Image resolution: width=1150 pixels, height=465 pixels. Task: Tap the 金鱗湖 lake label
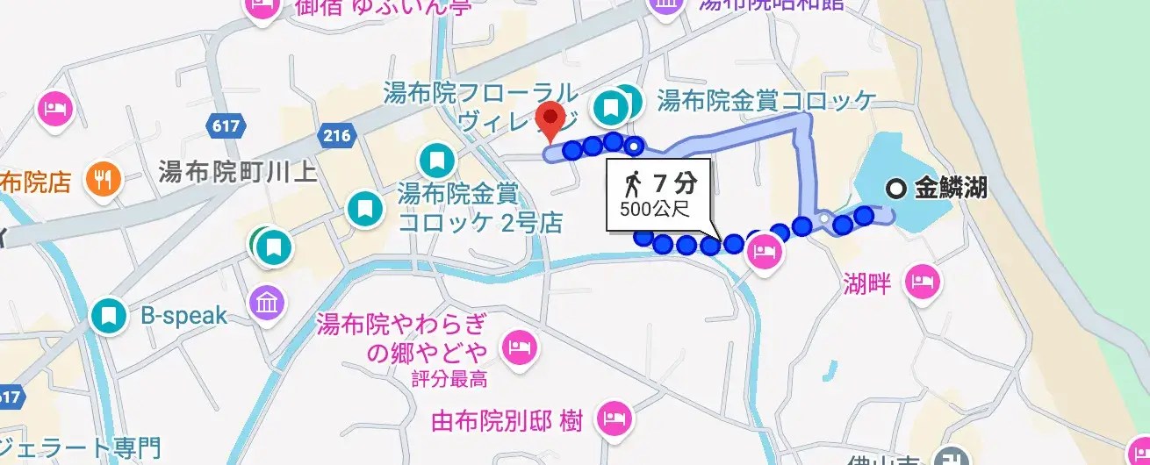point(951,187)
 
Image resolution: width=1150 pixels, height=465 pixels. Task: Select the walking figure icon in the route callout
point(632,183)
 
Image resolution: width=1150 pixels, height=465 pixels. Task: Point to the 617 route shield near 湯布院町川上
point(226,126)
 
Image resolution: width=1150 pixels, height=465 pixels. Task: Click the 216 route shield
point(335,135)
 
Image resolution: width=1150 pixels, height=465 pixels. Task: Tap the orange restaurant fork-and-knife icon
point(103,181)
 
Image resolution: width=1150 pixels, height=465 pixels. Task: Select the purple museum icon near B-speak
point(267,303)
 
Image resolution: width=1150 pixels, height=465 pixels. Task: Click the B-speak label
point(184,316)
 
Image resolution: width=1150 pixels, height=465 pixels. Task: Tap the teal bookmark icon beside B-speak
point(110,316)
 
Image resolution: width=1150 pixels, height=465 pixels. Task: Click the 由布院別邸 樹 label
point(507,422)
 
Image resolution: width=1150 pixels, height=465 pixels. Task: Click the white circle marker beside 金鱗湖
point(895,188)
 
